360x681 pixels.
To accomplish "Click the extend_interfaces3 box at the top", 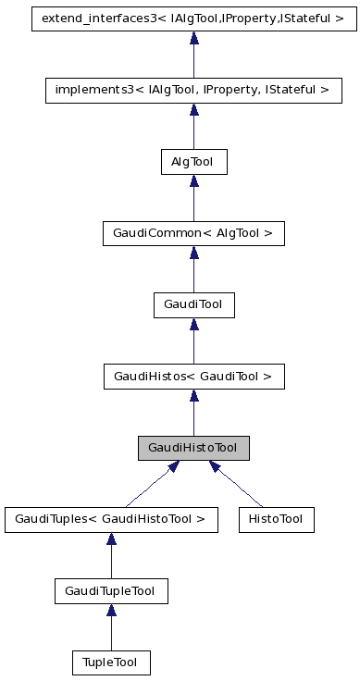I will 193,18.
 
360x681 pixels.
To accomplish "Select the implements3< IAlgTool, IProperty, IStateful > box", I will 193,90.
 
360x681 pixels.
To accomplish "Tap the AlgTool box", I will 193,162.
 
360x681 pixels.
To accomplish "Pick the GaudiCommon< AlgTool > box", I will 193,233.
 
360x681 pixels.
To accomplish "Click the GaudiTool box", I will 193,304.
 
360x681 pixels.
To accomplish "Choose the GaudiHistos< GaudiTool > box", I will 193,377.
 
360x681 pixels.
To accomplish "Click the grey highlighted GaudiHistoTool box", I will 193,448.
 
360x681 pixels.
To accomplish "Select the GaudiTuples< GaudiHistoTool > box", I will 111,519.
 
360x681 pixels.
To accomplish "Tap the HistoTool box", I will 276,519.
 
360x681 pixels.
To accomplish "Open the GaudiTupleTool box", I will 111,590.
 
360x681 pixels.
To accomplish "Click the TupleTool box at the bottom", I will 111,662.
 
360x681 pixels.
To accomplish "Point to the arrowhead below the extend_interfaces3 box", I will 193,38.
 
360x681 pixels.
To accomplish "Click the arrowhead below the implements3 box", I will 193,110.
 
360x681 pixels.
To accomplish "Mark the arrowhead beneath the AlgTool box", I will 193,181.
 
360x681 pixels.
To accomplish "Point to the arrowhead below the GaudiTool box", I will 193,325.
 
